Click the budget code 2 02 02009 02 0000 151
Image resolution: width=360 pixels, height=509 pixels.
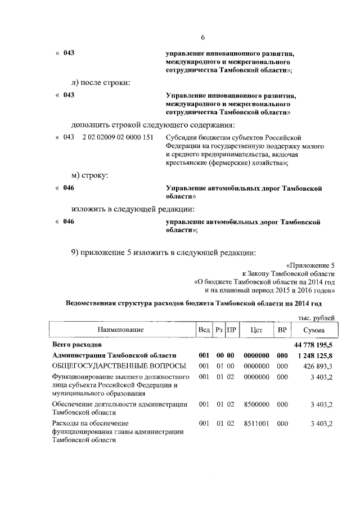(118, 137)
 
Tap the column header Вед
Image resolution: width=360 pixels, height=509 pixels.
(204, 329)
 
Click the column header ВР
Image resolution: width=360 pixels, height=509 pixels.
(282, 329)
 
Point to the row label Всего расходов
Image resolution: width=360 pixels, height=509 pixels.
(76, 343)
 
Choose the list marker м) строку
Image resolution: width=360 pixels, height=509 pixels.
(90, 175)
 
